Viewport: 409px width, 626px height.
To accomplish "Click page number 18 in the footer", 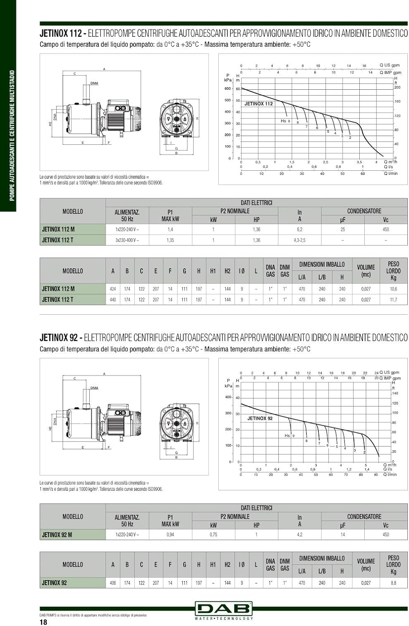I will click(43, 622).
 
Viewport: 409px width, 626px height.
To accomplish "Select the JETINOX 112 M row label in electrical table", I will click(58, 229).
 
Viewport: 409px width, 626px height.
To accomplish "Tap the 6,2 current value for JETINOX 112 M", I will click(299, 229).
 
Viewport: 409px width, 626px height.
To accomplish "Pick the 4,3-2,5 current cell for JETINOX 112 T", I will click(299, 240).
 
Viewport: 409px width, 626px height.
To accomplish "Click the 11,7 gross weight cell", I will click(393, 300).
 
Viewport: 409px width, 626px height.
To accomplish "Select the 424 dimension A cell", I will click(113, 289).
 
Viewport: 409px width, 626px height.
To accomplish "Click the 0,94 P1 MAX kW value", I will click(170, 535).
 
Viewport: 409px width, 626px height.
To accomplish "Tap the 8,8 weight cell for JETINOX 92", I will click(393, 583).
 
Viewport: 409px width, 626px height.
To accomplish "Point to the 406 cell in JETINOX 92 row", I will click(113, 583).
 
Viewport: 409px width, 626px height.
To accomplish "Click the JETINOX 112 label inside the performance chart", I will click(258, 104).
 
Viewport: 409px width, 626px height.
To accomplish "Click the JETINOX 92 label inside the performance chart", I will click(260, 418).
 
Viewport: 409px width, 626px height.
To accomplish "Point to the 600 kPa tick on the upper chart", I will click(227, 88).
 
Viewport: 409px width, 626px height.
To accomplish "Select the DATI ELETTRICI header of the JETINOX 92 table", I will click(256, 508).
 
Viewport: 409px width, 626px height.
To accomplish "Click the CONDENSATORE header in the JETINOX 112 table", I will click(364, 211).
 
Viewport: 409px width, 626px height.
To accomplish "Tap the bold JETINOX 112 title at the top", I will click(61, 33).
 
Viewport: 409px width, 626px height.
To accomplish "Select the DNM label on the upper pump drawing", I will click(94, 83).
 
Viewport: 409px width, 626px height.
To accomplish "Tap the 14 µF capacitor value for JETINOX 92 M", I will click(343, 535).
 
